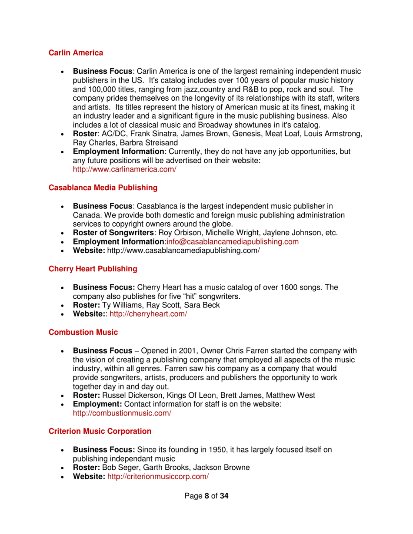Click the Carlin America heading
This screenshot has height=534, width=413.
[x=76, y=53]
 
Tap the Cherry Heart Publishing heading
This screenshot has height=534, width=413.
[x=92, y=269]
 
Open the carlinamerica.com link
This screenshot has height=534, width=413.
[x=124, y=170]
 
